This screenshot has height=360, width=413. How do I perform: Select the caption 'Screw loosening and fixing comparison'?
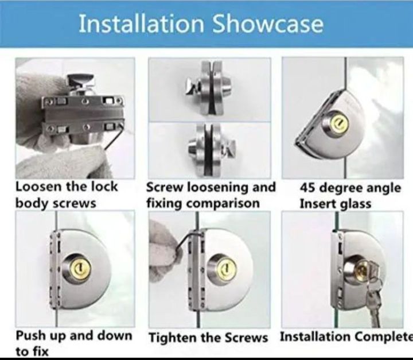(x=211, y=195)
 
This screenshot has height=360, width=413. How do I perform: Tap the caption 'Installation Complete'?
(x=346, y=336)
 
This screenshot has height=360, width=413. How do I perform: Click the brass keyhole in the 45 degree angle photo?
(x=341, y=121)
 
